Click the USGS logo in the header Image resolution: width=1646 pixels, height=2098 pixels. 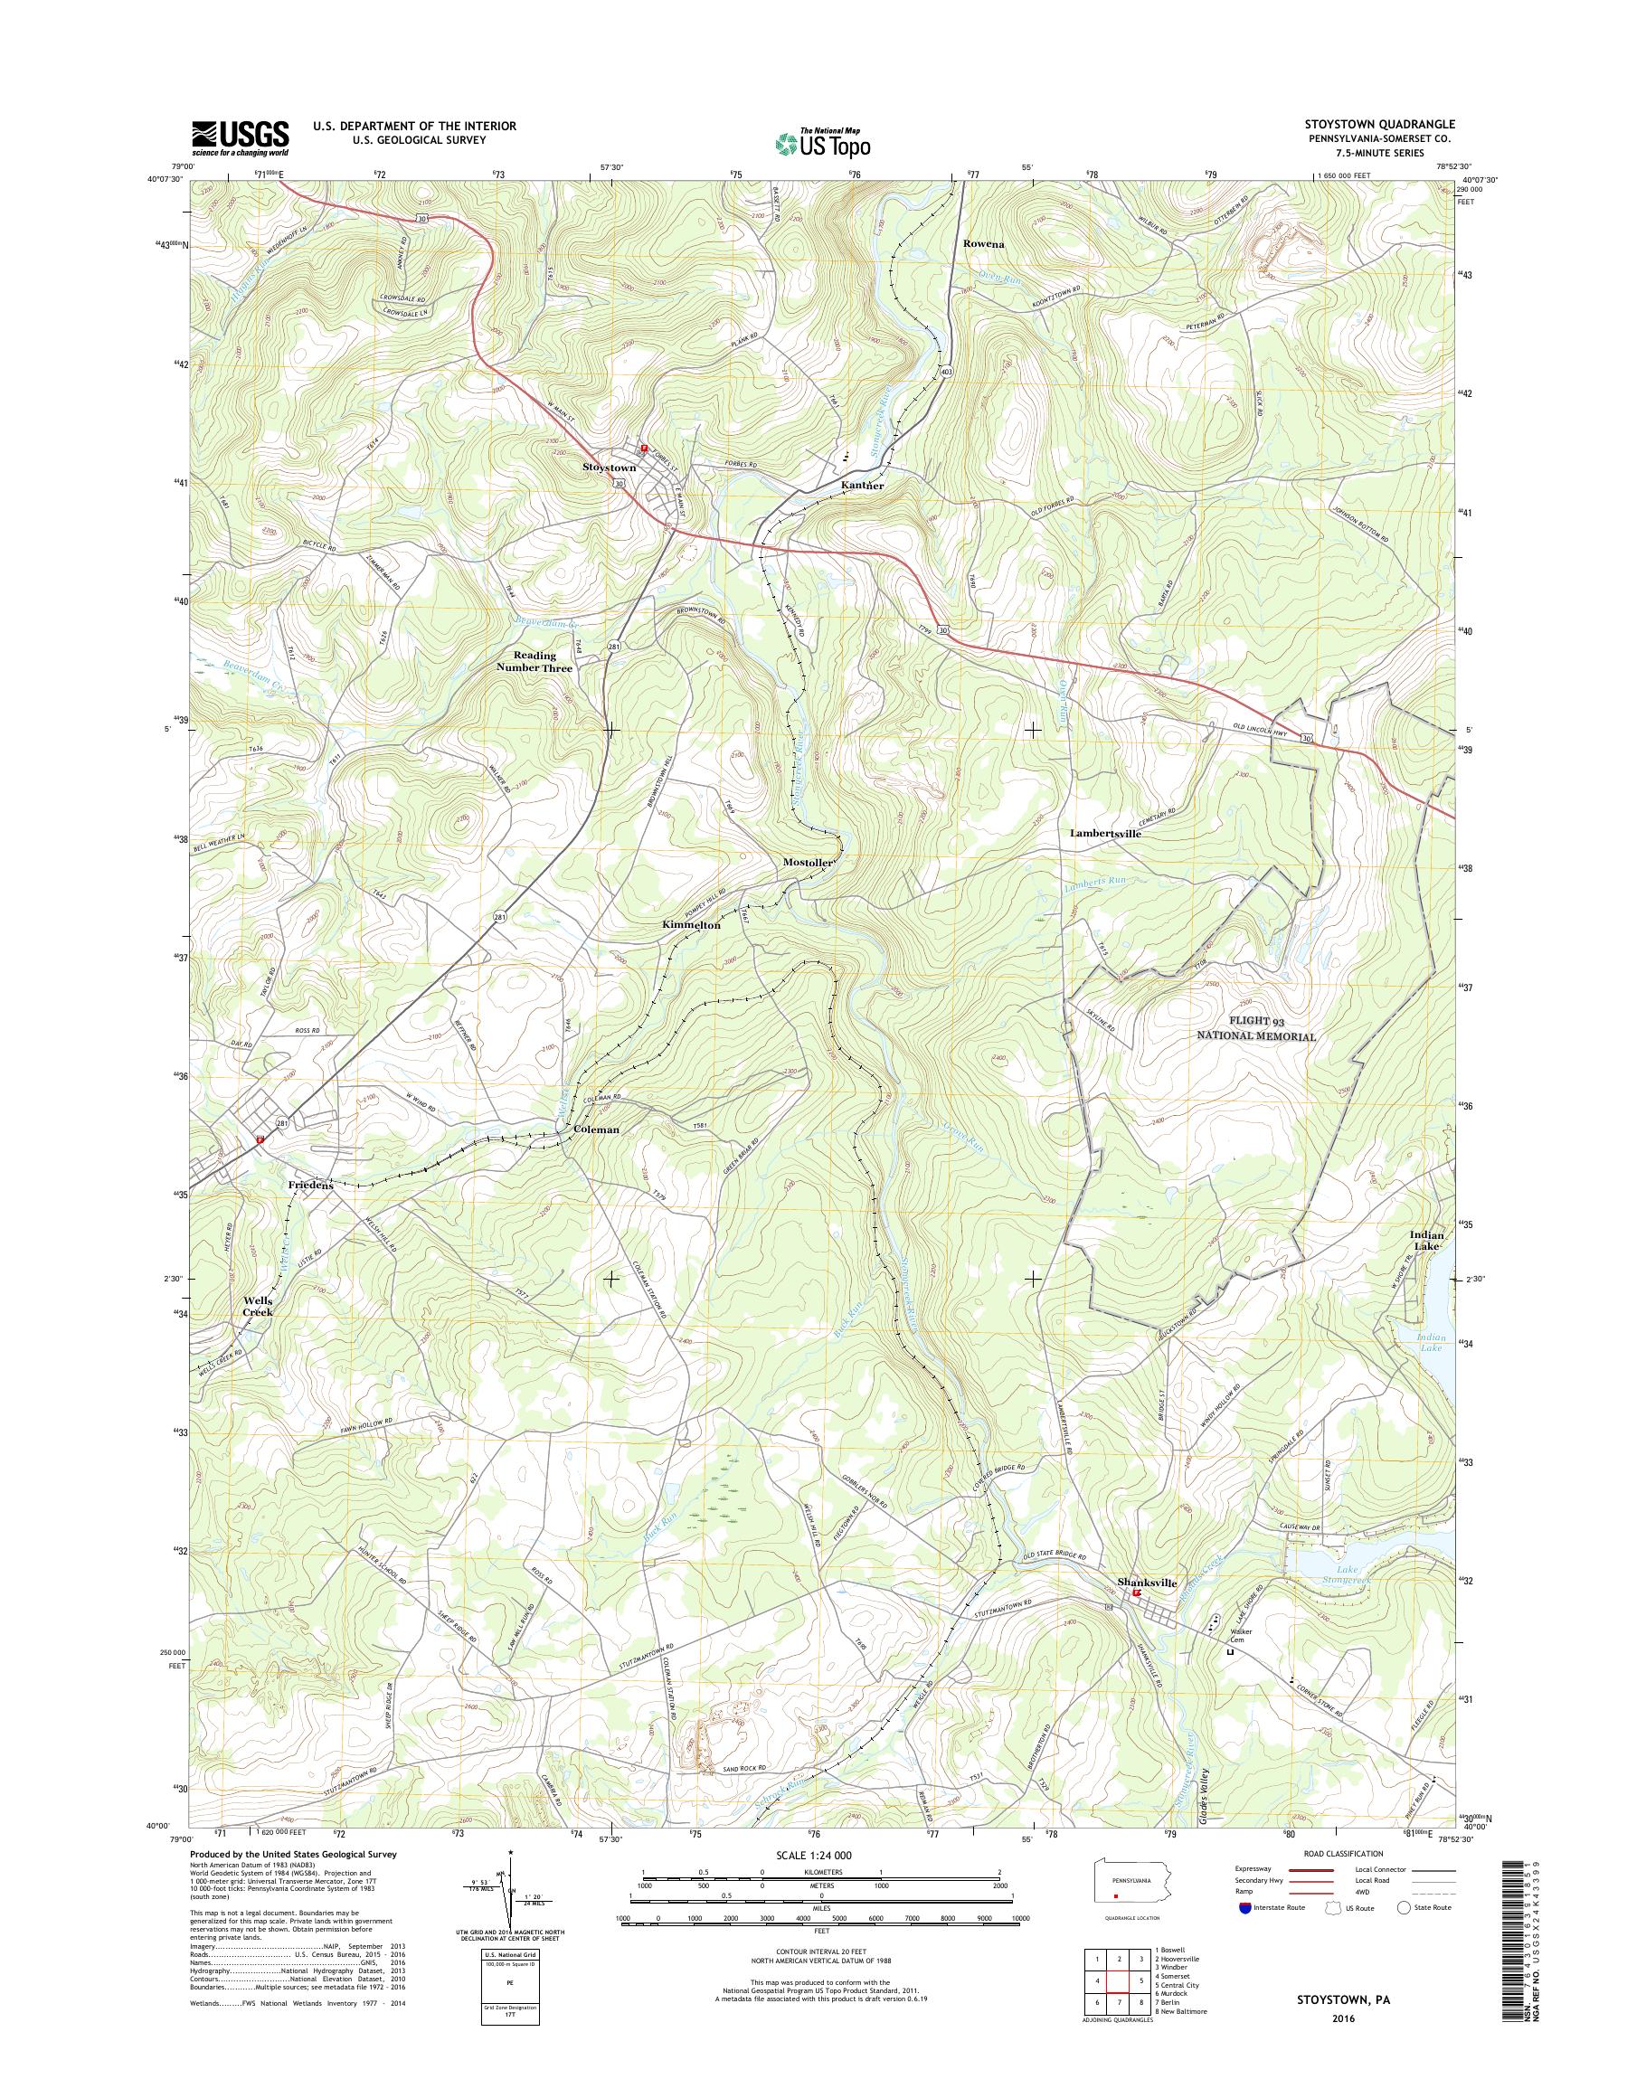pos(240,138)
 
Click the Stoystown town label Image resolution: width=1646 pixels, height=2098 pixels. pos(608,468)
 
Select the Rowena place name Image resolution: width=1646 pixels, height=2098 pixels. pos(983,245)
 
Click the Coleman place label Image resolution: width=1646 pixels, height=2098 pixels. pos(596,1129)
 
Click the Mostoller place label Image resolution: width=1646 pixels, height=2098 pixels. pos(807,864)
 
